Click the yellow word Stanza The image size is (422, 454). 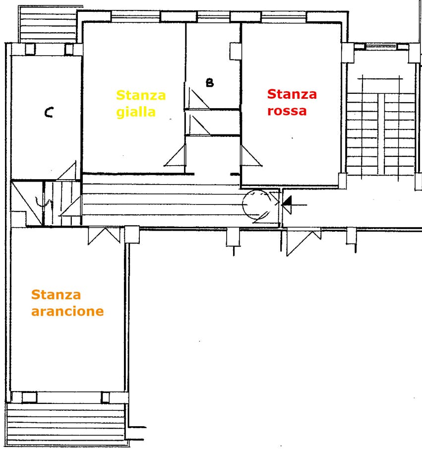tap(141, 95)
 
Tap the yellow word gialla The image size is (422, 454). tap(136, 112)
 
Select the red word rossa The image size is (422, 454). tap(287, 111)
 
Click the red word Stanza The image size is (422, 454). tap(292, 94)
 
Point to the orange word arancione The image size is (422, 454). tap(67, 311)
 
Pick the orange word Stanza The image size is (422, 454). tap(56, 295)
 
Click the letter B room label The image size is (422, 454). tap(210, 83)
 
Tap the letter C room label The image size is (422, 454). tap(49, 112)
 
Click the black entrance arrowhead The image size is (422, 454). tap(287, 204)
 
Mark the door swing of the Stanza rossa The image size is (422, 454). tap(250, 156)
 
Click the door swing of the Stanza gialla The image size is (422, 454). tap(175, 156)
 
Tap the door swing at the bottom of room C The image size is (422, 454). tap(67, 171)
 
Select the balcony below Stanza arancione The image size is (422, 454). tap(66, 424)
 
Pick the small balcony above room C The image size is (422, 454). tap(48, 24)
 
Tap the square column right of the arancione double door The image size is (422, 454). tap(132, 235)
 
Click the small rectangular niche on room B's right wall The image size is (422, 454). tap(236, 51)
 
